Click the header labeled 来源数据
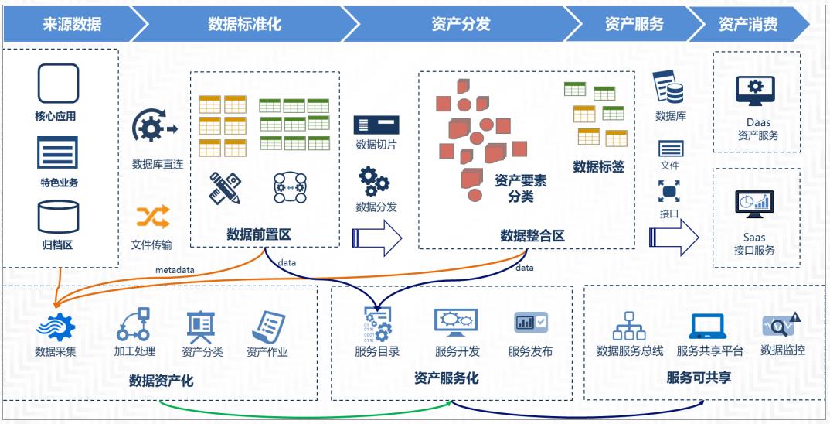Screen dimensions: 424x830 tap(72, 24)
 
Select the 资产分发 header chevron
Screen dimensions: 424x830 tap(461, 24)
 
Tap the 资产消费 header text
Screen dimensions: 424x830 tap(747, 24)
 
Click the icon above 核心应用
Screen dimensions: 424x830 tap(58, 84)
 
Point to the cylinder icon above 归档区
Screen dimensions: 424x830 tap(58, 217)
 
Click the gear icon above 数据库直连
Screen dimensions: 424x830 tap(154, 127)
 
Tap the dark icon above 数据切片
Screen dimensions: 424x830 tap(376, 125)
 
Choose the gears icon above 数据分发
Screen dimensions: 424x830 tap(375, 183)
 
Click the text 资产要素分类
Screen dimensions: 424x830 tap(520, 188)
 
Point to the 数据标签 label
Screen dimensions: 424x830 tap(598, 166)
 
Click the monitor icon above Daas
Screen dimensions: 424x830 tap(757, 92)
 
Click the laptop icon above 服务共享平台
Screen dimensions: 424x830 tap(708, 327)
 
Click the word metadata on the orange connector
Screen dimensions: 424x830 tap(175, 269)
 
